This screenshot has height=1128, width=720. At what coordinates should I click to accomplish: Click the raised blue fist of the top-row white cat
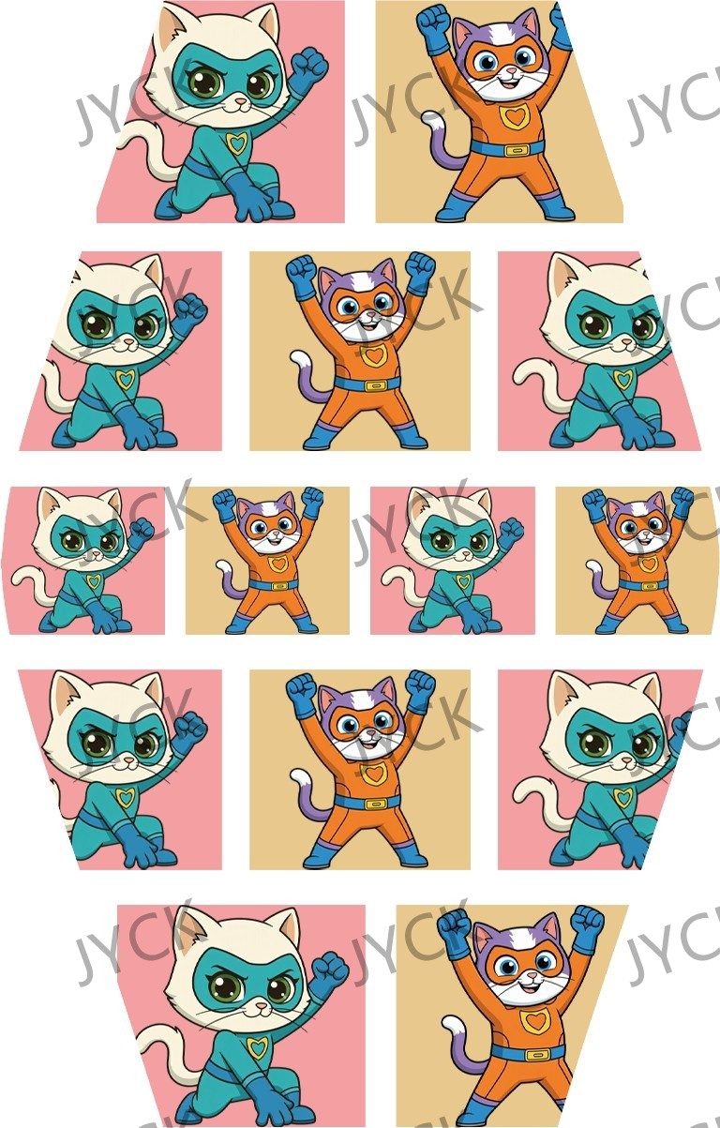point(309,68)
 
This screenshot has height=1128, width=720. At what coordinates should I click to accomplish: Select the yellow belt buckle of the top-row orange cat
point(516,150)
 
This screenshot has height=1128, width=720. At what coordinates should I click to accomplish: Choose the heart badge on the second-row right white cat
point(622,380)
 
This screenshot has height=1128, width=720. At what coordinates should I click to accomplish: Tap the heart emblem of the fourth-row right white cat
point(622,798)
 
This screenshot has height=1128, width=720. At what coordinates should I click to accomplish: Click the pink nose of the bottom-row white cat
point(261,1005)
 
